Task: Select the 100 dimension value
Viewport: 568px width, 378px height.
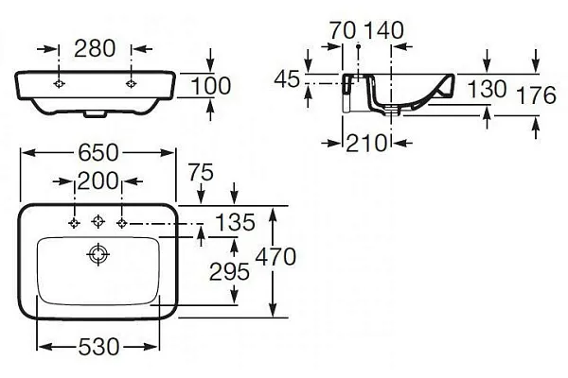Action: point(211,86)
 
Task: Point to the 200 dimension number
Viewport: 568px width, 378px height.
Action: point(98,180)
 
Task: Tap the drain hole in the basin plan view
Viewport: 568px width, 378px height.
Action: point(98,253)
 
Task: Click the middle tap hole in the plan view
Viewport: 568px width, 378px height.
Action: point(98,223)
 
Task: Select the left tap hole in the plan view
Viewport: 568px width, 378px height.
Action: point(75,223)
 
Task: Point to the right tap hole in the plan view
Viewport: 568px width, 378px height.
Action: point(121,223)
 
